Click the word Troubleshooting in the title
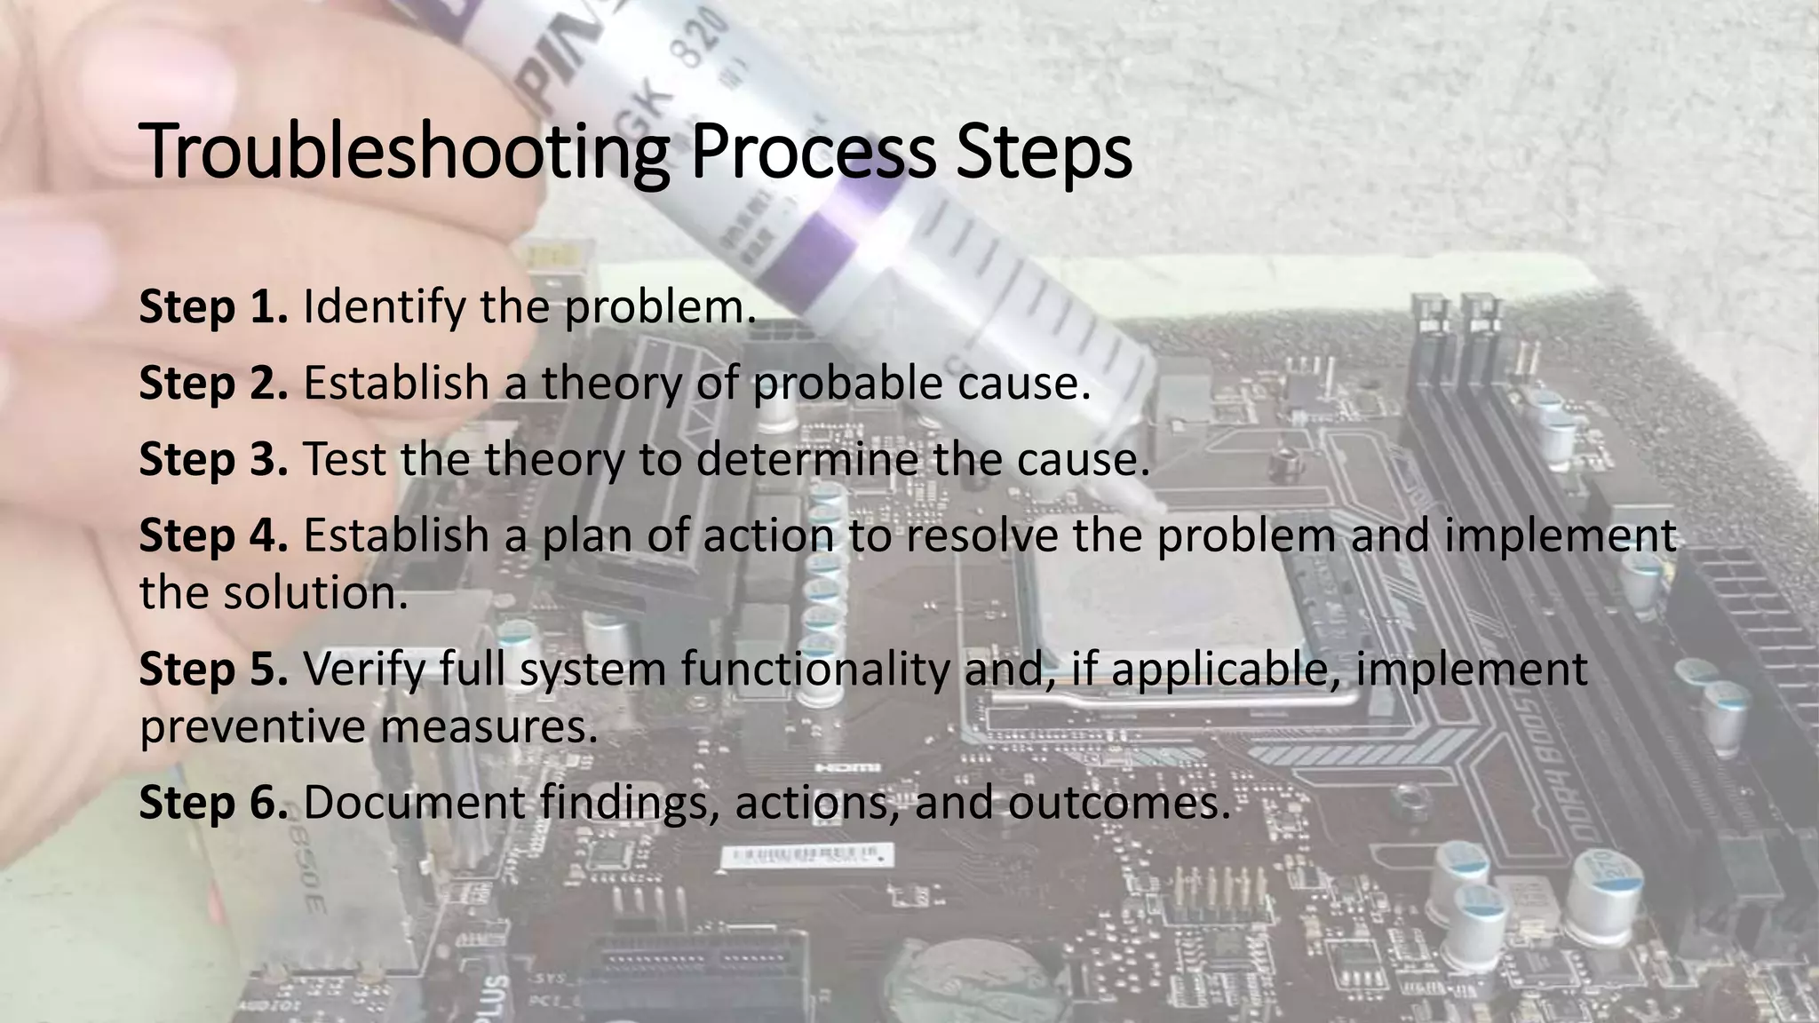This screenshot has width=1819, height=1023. tap(404, 153)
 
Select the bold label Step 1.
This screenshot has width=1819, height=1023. tap(213, 307)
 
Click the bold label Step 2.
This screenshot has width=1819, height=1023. tap(213, 384)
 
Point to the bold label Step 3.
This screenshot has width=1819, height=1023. tap(213, 460)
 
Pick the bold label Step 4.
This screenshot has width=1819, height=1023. tap(213, 536)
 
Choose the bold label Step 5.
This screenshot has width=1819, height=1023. tap(213, 670)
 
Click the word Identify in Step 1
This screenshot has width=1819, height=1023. tap(384, 307)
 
